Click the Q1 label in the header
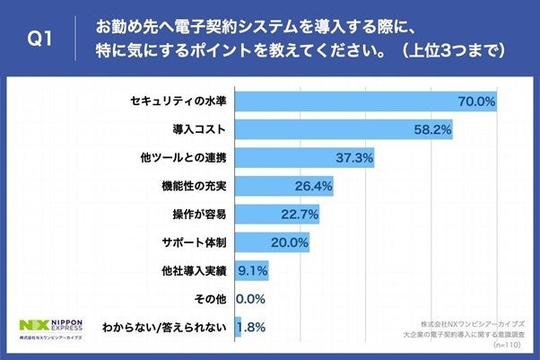pyautogui.click(x=40, y=40)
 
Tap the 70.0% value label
pyautogui.click(x=476, y=102)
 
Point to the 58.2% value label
pyautogui.click(x=431, y=131)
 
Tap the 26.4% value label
pyautogui.click(x=314, y=187)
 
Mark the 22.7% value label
pyautogui.click(x=299, y=215)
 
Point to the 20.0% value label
pyautogui.click(x=290, y=242)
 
